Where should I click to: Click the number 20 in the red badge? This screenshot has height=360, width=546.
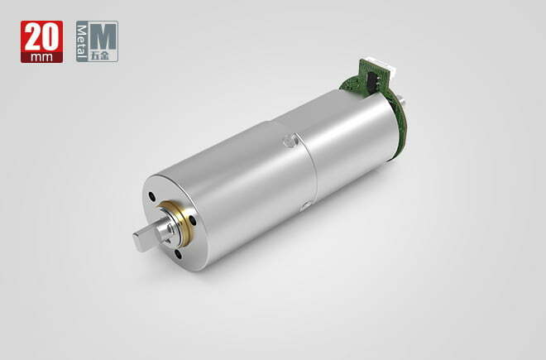[41, 37]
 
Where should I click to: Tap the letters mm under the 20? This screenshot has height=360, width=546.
[41, 57]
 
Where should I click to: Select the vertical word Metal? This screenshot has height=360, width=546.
[81, 41]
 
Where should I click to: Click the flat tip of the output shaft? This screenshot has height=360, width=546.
[138, 241]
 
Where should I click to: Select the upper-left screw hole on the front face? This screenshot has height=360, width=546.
[151, 197]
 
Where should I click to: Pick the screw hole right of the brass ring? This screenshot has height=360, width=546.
[192, 221]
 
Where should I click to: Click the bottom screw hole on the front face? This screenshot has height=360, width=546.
[179, 254]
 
